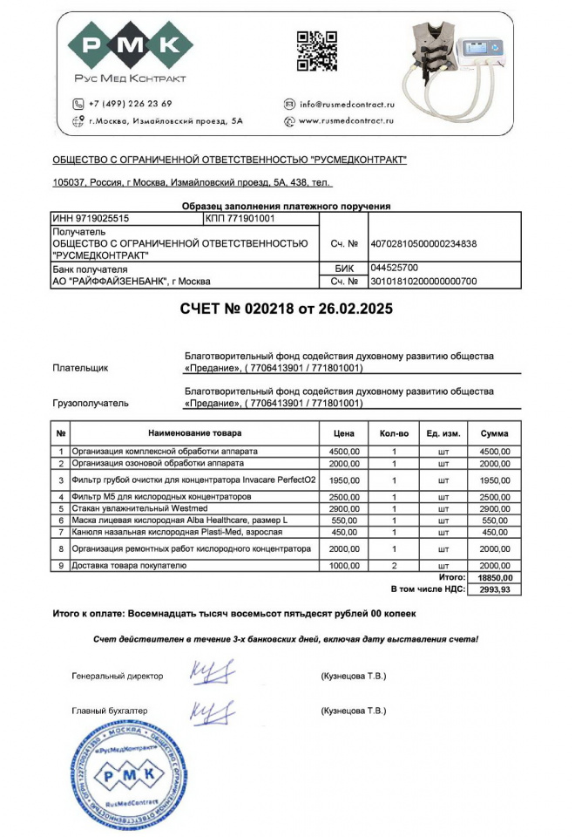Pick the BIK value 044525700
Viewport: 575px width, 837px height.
click(395, 269)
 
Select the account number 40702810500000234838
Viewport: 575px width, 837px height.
click(423, 244)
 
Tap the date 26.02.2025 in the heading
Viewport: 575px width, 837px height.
click(349, 310)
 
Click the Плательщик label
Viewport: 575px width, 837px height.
click(81, 368)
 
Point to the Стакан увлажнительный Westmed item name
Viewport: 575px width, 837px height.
click(129, 507)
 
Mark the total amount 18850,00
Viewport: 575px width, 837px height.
click(495, 577)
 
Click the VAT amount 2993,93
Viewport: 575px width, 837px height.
click(495, 589)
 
